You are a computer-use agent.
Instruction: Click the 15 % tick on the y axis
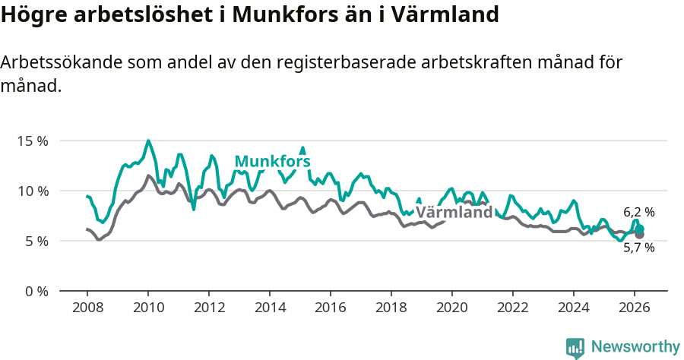click(x=33, y=141)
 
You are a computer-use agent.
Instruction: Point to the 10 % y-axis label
click(x=33, y=191)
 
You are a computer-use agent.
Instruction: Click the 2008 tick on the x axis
click(x=87, y=308)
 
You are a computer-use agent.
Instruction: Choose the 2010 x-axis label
click(x=147, y=308)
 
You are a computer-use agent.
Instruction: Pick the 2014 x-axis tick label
click(x=269, y=308)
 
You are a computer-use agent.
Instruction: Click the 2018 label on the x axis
click(x=391, y=308)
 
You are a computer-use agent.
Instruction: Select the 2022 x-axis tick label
click(x=512, y=308)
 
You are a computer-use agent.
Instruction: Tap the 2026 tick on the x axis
click(x=634, y=308)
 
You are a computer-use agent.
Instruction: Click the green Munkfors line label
click(x=272, y=161)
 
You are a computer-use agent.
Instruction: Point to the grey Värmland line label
click(x=454, y=213)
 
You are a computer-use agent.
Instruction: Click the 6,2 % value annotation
click(x=638, y=213)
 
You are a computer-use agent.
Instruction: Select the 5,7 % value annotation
click(x=638, y=248)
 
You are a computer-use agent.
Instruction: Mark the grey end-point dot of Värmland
click(x=639, y=235)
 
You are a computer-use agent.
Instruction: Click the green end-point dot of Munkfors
click(x=640, y=229)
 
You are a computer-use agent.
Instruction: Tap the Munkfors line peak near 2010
click(x=148, y=141)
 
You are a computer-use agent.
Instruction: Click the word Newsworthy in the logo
click(x=635, y=347)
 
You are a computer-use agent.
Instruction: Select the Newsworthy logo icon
click(x=575, y=348)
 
